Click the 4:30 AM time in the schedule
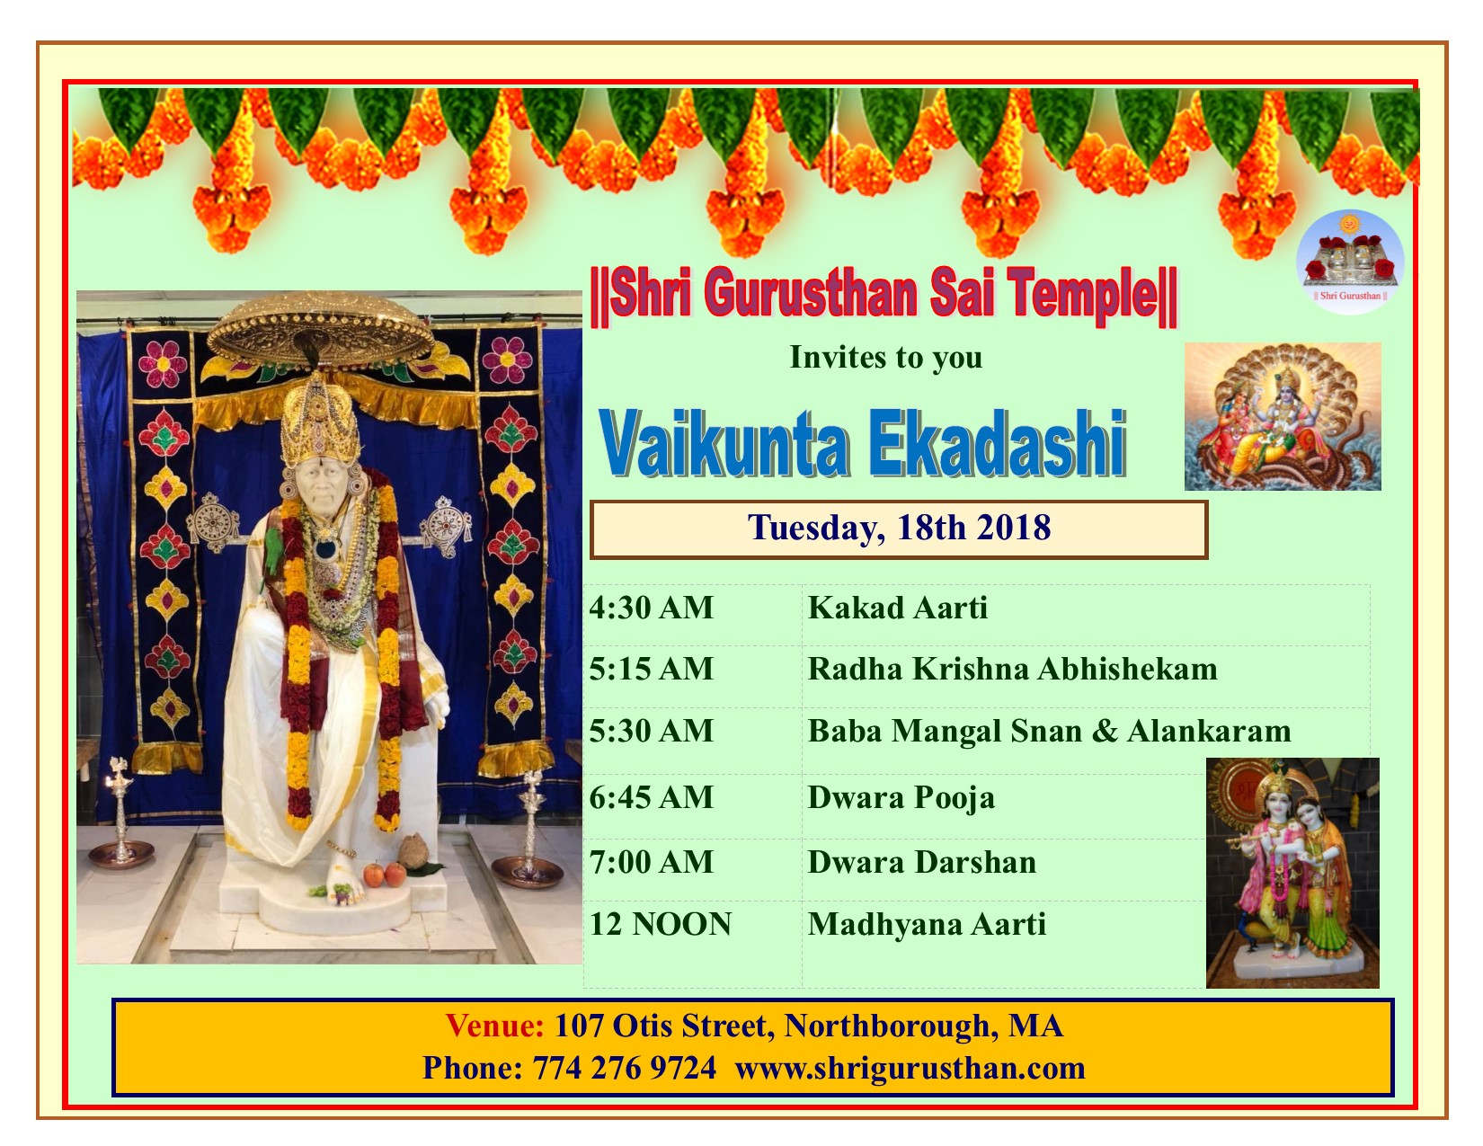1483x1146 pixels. click(651, 608)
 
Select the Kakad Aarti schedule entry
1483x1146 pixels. click(898, 608)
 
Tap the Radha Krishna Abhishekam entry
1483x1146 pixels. click(1012, 669)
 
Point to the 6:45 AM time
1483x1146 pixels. click(651, 797)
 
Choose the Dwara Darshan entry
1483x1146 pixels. click(921, 861)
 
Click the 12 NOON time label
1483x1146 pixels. click(660, 924)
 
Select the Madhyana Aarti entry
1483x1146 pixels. click(926, 924)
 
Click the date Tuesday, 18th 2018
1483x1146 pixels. click(899, 528)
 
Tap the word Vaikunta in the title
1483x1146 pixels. click(724, 444)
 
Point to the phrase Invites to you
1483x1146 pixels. click(886, 358)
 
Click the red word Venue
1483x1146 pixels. click(494, 1026)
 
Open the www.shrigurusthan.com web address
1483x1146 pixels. click(910, 1068)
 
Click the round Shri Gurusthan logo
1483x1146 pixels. click(1350, 262)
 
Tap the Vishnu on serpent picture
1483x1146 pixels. click(1283, 416)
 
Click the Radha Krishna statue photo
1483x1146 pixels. click(1292, 873)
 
